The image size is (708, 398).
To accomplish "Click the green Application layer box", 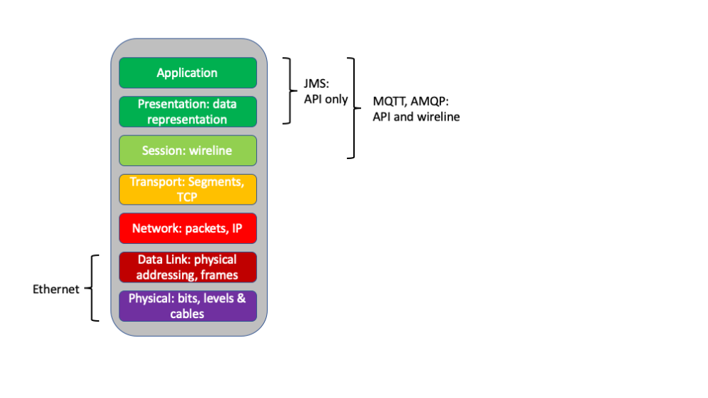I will coord(187,73).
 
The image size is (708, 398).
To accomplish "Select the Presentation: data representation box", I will coord(187,112).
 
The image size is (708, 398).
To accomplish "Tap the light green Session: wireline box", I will coord(187,150).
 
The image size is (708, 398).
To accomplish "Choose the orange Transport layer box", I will coord(187,189).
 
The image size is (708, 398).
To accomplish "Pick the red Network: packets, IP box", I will coord(187,229).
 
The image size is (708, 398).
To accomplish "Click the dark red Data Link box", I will coord(187,267).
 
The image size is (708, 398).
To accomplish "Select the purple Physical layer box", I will coord(187,306).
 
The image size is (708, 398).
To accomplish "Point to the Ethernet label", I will coord(56,289).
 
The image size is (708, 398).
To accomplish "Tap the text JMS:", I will coord(317,85).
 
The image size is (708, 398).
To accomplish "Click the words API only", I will coord(325,99).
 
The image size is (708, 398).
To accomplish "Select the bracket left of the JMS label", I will coord(288,91).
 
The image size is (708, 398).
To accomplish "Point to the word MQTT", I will coord(389,102).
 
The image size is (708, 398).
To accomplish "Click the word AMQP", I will coord(430,102).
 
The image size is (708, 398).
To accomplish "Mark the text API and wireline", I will coord(415,117).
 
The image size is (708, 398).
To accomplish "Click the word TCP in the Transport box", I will coord(187,197).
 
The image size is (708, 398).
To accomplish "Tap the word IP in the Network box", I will coord(235,229).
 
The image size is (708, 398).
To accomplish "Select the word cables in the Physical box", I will coord(187,314).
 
